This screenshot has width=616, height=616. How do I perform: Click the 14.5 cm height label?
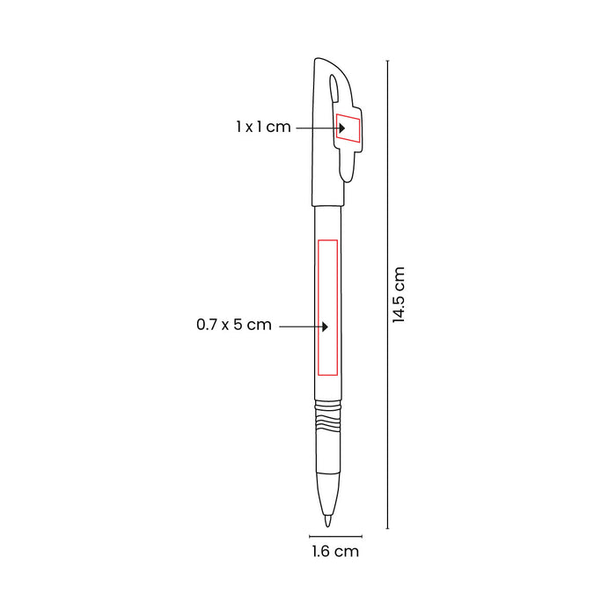[399, 295]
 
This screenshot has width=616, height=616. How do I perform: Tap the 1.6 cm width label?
[335, 551]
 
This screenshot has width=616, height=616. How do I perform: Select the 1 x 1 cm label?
[263, 127]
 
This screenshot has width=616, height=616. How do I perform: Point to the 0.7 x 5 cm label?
[234, 325]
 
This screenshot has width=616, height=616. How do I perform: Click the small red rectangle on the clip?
[348, 128]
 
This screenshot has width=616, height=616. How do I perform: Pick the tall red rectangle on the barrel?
[327, 307]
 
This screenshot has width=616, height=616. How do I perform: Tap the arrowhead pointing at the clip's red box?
[342, 128]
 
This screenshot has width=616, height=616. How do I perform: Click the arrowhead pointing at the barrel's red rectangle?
[325, 326]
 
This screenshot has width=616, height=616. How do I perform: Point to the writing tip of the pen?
[327, 521]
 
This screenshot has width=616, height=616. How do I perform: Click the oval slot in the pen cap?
[334, 88]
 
